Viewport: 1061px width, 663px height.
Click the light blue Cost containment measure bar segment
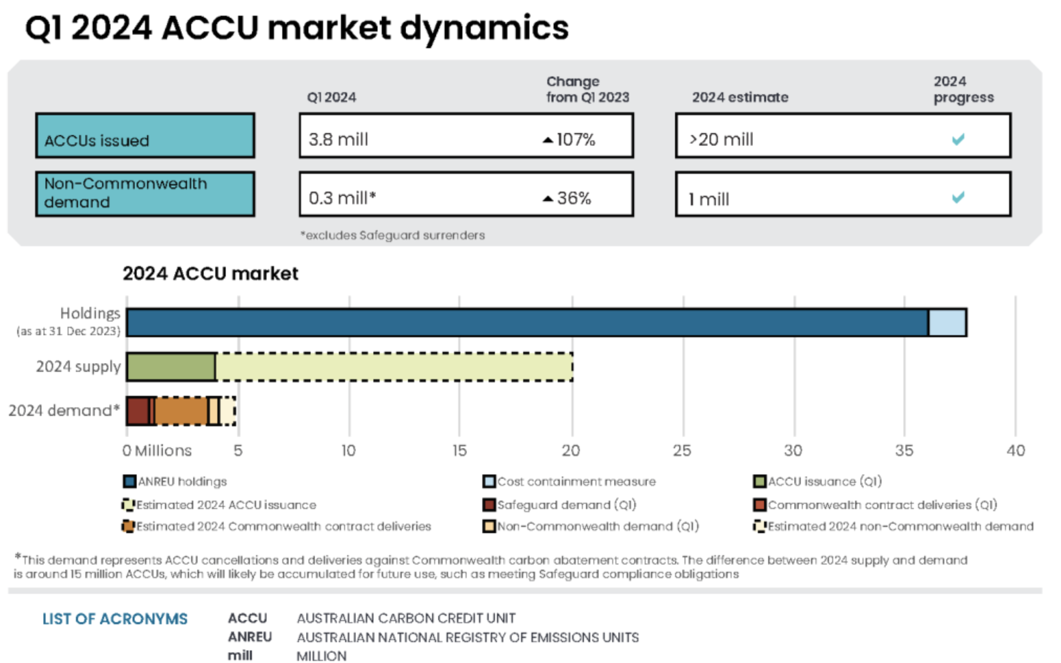tap(947, 323)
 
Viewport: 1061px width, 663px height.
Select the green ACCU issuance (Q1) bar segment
tap(171, 367)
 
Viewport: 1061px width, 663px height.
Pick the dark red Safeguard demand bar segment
tap(138, 411)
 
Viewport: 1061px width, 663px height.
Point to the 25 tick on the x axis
tap(682, 450)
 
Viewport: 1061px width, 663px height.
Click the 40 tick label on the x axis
tap(1015, 450)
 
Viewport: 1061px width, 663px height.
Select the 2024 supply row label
tap(78, 367)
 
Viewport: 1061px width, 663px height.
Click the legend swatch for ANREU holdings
tap(129, 481)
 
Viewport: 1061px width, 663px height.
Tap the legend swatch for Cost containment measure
tap(489, 481)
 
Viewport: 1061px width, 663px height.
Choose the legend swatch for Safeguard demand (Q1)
tap(489, 505)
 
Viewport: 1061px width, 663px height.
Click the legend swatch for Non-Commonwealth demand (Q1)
tap(489, 526)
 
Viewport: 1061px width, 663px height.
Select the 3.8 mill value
tap(338, 139)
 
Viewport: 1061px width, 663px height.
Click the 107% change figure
tap(575, 139)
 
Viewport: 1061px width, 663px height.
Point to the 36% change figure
tap(573, 198)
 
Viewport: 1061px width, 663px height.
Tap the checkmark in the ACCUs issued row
tap(958, 139)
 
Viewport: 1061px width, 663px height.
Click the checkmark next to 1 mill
tap(958, 197)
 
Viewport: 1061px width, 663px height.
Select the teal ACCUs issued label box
tap(145, 136)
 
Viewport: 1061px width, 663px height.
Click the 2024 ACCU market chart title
tap(210, 273)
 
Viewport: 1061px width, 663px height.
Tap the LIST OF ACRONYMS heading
tap(115, 619)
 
